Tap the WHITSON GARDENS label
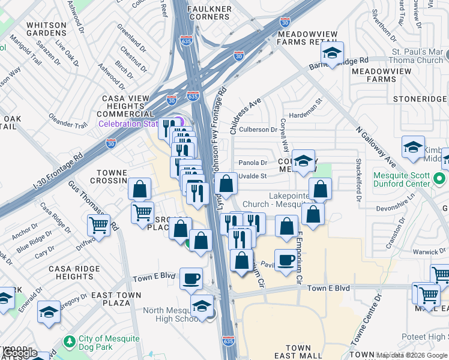click(46, 29)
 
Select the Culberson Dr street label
click(258, 129)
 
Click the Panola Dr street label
click(252, 162)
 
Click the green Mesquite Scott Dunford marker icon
click(440, 178)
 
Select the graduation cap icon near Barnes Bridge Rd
click(331, 53)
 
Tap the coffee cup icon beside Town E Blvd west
click(191, 278)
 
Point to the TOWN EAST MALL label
click(298, 352)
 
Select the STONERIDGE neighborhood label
click(420, 98)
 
